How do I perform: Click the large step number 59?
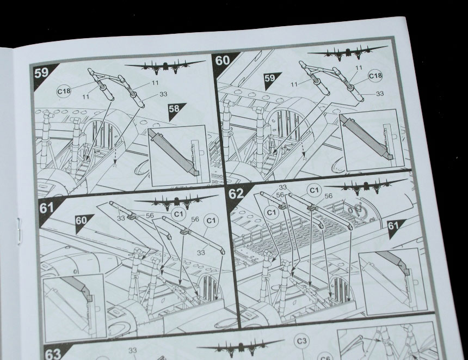[x=41, y=73]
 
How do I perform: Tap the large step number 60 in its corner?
[x=223, y=60]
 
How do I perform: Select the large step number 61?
[x=46, y=208]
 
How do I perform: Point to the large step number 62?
[x=236, y=194]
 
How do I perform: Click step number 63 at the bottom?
[x=53, y=355]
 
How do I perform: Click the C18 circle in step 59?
[x=64, y=91]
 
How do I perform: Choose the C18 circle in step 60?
[x=375, y=76]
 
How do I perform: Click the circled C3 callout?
[x=302, y=341]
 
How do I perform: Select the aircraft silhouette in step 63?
[x=241, y=347]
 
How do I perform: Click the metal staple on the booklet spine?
[x=19, y=231]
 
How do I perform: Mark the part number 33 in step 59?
[x=163, y=94]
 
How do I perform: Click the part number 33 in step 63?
[x=133, y=350]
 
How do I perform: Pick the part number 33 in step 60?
[x=380, y=94]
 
